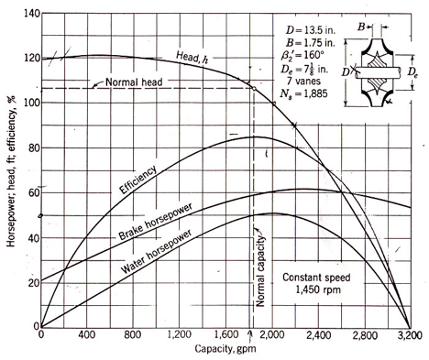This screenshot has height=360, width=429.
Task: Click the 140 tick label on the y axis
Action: click(29, 14)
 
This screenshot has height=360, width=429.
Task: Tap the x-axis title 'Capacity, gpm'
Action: click(225, 350)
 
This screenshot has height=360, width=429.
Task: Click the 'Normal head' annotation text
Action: click(133, 82)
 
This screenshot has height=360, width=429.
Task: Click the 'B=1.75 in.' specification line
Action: click(313, 37)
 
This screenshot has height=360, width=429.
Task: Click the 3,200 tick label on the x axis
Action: click(408, 336)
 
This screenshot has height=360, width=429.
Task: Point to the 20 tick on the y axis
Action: click(30, 282)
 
